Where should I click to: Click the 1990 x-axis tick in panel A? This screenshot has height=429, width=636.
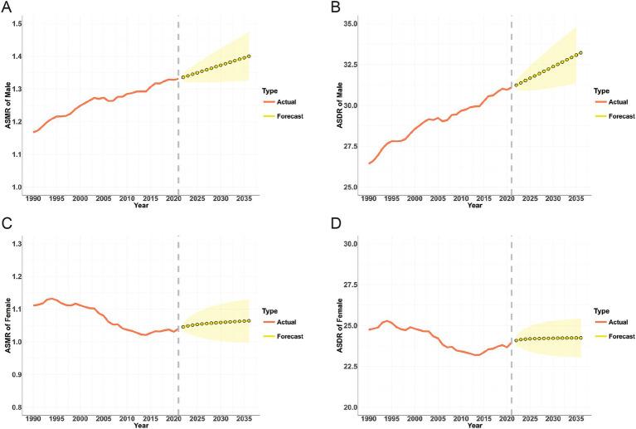32,199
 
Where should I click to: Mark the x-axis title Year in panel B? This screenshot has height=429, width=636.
474,207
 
